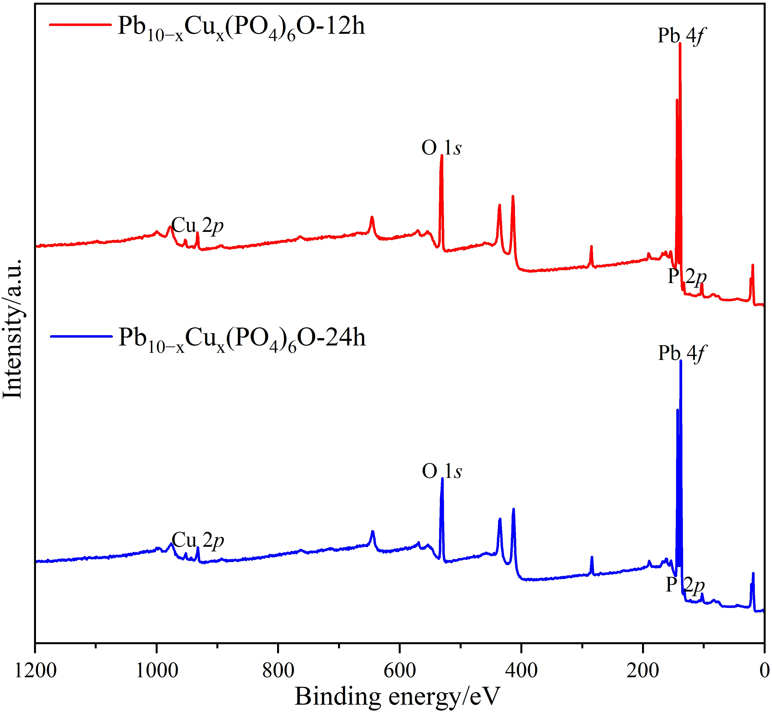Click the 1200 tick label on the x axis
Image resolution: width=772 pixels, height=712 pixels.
(x=35, y=671)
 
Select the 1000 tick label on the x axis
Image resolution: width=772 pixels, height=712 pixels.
(x=157, y=671)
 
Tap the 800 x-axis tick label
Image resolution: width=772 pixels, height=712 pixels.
(x=278, y=671)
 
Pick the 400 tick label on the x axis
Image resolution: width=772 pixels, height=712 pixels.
(x=521, y=671)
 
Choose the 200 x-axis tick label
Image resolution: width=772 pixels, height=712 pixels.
(x=643, y=671)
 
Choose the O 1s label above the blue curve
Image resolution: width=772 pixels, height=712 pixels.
(x=442, y=471)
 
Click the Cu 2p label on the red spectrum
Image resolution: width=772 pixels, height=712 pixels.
(x=197, y=226)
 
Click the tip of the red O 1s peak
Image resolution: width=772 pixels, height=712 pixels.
(x=442, y=156)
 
